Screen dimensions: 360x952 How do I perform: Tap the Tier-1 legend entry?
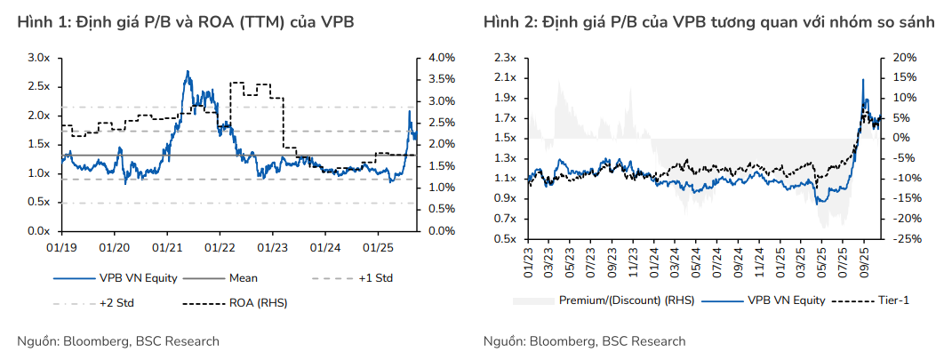tap(892, 300)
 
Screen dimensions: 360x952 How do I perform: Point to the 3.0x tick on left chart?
tap(37, 57)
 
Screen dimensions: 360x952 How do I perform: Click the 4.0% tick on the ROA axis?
tap(442, 57)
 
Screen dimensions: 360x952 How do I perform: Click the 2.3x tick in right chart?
tap(506, 57)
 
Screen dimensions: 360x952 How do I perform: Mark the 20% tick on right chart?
tap(895, 57)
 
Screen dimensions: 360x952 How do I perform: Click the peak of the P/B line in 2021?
tap(188, 72)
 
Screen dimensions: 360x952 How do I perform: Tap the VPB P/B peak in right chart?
tap(862, 80)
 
